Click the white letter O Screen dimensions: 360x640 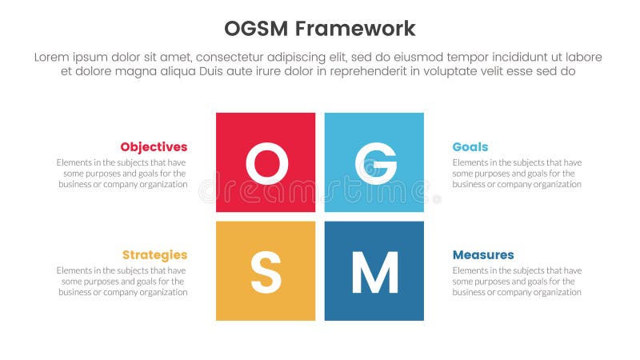[x=266, y=163]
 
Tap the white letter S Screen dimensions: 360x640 [x=266, y=272]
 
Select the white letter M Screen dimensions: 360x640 [x=374, y=272]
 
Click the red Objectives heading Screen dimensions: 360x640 [x=154, y=147]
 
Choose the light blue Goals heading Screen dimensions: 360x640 [x=470, y=147]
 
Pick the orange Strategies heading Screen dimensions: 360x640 [x=154, y=255]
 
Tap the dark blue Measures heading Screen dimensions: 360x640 [x=483, y=255]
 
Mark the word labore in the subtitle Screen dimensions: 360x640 [x=582, y=57]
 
